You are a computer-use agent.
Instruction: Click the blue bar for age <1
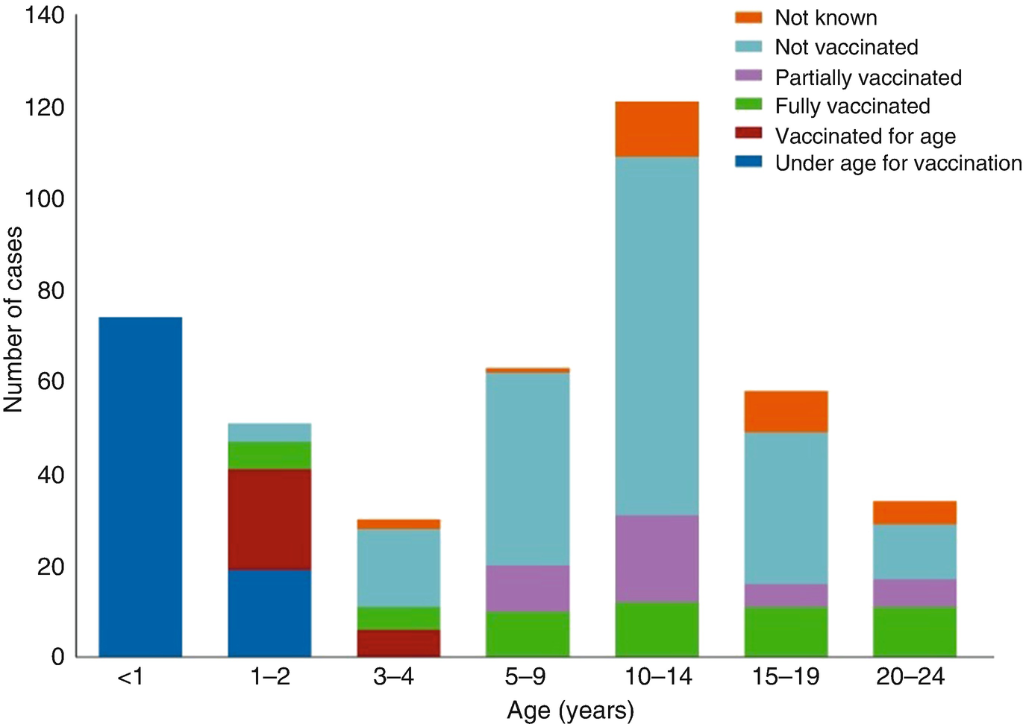pos(140,487)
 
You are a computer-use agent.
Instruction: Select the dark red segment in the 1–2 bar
pos(269,519)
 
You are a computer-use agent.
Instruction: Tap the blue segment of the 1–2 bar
pos(269,613)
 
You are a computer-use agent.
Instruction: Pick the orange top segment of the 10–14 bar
pos(657,129)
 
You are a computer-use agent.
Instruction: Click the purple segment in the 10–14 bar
pos(657,558)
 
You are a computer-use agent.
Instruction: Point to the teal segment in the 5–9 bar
pos(528,468)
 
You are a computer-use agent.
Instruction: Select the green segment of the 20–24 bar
pos(915,632)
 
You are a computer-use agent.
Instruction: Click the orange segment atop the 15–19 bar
pos(786,412)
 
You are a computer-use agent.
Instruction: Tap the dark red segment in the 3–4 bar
pos(398,643)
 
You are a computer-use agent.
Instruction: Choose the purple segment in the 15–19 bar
pos(786,595)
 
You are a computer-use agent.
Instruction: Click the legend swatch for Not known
pos(748,17)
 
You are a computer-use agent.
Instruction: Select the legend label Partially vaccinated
pos(868,78)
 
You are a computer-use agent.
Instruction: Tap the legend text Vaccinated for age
pos(865,136)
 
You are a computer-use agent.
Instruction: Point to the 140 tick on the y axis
pos(44,15)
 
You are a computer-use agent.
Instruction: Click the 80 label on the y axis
pos(51,291)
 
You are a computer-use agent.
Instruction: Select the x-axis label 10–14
pos(658,677)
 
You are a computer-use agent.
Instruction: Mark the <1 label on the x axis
pos(130,677)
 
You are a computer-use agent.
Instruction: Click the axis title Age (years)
pos(570,710)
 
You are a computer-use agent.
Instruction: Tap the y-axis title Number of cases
pos(13,319)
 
